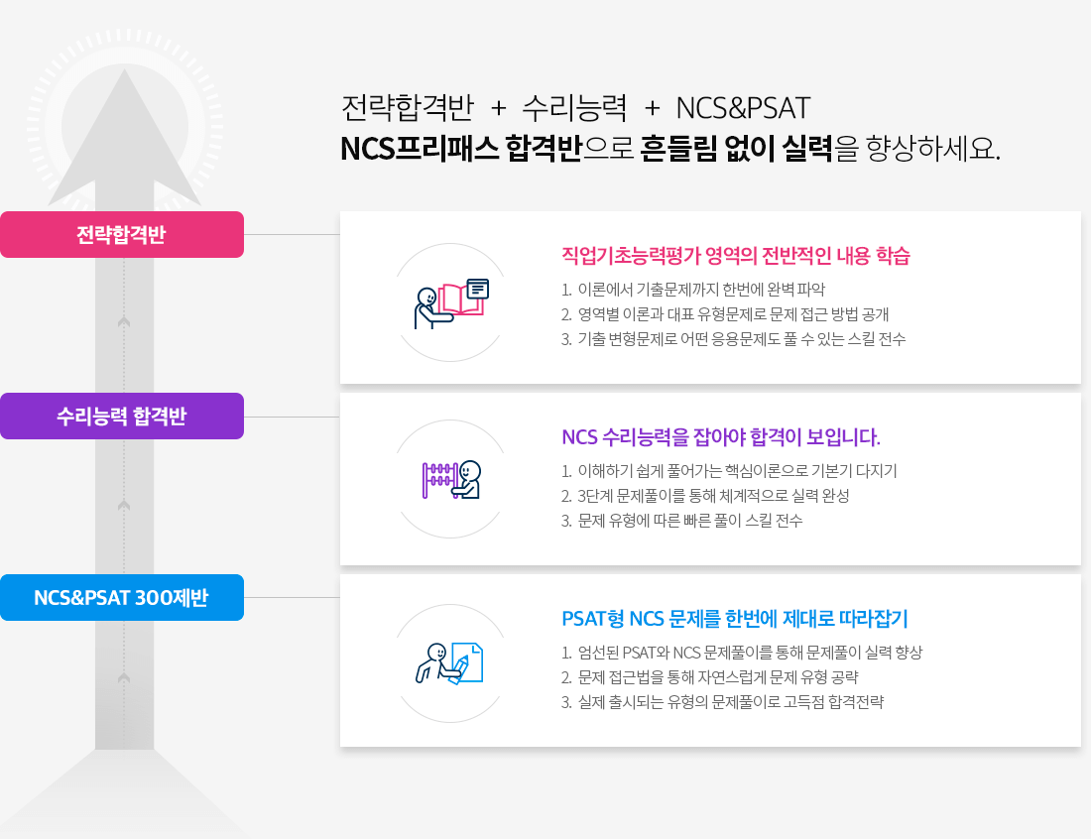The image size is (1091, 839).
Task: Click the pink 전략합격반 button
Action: (122, 234)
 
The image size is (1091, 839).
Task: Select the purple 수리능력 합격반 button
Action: (122, 416)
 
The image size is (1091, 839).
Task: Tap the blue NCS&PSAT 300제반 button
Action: (122, 598)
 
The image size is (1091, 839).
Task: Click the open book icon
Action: (459, 300)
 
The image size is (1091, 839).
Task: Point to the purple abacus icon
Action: (439, 480)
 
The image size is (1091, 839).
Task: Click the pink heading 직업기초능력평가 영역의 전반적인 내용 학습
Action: (736, 256)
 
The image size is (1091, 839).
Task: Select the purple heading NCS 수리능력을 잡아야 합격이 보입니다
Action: (721, 437)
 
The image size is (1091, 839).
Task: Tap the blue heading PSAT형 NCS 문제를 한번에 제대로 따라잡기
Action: (735, 619)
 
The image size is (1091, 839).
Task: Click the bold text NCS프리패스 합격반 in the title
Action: (460, 148)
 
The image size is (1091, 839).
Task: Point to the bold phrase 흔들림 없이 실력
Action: (736, 148)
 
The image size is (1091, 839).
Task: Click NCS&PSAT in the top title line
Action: (743, 108)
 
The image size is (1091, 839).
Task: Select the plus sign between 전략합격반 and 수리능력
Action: (498, 108)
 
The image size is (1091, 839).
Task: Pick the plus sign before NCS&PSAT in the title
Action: (652, 108)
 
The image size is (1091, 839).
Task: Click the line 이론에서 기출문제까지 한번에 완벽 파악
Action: (701, 290)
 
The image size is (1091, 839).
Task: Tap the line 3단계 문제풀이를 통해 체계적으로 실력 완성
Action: (713, 496)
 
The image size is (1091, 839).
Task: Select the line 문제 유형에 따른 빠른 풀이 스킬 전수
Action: (689, 521)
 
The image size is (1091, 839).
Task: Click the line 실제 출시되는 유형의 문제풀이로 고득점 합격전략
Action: (731, 702)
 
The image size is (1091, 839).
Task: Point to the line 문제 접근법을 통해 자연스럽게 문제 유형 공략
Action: (718, 677)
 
